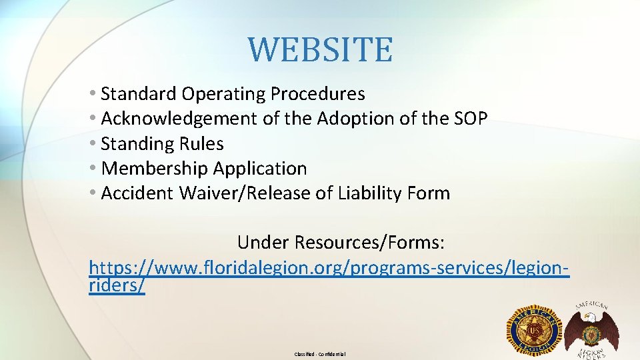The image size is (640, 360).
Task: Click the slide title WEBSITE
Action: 320,50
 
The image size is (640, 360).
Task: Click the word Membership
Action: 154,169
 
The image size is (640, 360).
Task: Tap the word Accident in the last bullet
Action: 137,193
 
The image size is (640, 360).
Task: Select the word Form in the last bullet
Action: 431,193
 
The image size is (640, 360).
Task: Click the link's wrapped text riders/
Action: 116,285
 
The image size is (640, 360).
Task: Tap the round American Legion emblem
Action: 535,331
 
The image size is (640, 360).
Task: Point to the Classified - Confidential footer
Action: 320,354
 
